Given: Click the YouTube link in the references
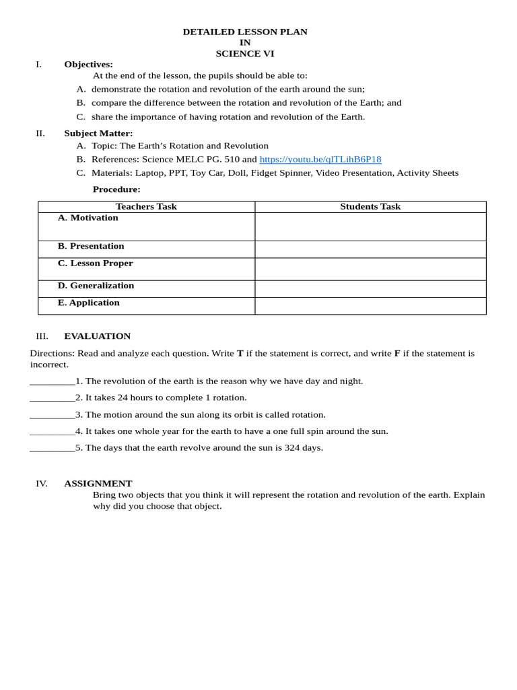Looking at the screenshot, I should pos(320,160).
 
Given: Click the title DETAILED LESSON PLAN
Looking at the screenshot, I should pos(245,32).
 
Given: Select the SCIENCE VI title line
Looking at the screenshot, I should pos(245,54).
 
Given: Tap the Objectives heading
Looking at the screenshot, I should pos(88,65).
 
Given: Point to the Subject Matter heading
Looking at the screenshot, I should pos(98,133).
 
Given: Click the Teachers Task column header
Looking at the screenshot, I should pos(146,207).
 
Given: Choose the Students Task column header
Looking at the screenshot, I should pos(370,207).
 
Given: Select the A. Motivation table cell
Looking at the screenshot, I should pos(88,218).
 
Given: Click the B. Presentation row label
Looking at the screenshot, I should pos(91,247).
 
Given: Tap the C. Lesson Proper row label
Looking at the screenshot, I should pos(96,263).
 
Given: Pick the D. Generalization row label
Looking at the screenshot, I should pos(96,286).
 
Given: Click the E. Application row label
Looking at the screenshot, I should pos(89,303).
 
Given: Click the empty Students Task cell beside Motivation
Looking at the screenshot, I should pos(370,226).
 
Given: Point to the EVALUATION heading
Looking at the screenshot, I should pos(98,336).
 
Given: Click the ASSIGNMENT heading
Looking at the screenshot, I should pos(98,484).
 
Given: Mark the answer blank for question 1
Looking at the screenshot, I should pos(53,382).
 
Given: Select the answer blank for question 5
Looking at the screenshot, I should pos(53,449).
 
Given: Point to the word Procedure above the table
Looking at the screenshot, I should pos(116,190).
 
